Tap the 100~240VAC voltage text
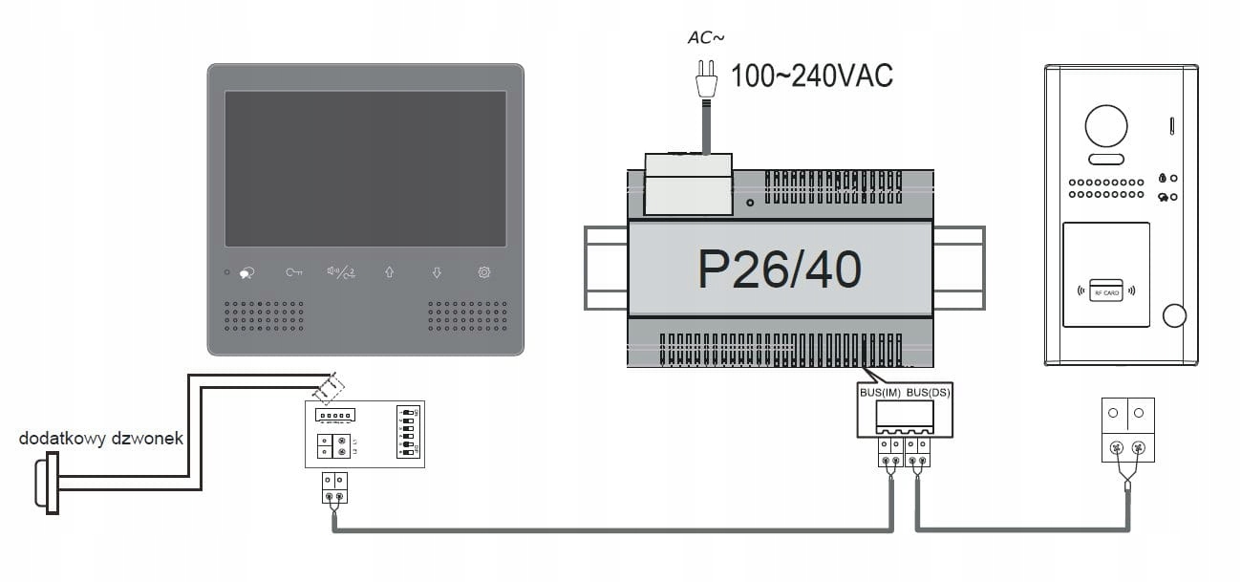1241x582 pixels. pos(811,76)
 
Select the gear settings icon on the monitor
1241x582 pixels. pos(484,272)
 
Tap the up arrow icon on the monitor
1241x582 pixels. pos(389,272)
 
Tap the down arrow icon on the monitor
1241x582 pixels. pos(437,272)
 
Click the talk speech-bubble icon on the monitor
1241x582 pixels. pos(246,273)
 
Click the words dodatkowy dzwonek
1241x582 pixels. pos(101,439)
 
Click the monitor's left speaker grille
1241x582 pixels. pos(265,316)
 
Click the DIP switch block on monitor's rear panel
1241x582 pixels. pos(408,433)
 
